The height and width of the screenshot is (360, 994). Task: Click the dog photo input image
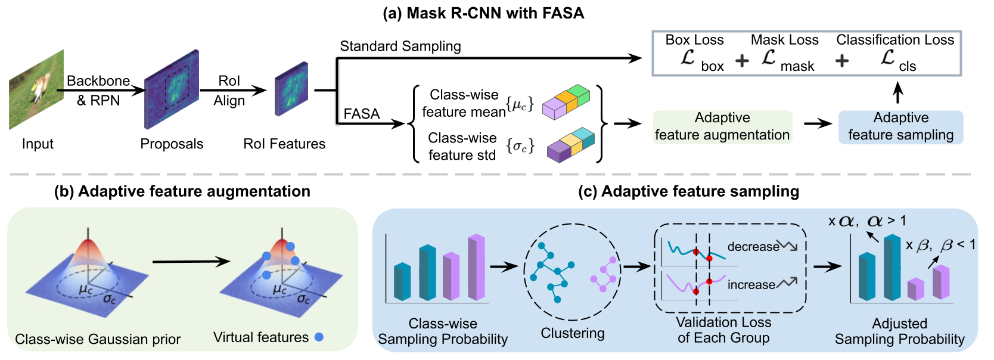coord(36,89)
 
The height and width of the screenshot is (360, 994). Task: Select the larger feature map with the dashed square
coord(172,89)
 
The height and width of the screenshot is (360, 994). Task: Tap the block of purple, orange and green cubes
coord(566,102)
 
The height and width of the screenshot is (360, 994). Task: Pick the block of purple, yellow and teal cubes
coord(570,145)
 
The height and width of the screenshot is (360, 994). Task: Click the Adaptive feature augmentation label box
coord(722,127)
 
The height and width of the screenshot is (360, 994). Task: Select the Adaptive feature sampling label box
coord(900,127)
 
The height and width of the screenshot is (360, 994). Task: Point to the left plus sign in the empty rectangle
coord(742,61)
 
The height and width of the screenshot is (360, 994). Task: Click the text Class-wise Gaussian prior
coord(98,339)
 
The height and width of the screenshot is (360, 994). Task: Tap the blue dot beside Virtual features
coord(319,337)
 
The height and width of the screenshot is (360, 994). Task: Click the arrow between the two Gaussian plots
coord(191,261)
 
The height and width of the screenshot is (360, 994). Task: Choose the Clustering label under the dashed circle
coord(572,333)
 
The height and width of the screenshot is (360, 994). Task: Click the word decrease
coord(753,247)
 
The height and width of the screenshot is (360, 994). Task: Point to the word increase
coord(751,285)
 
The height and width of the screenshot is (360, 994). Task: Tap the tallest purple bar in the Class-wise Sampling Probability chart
coord(476,268)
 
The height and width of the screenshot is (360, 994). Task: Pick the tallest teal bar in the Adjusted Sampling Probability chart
coord(892,268)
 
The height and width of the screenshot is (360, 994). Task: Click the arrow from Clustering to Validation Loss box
coord(636,266)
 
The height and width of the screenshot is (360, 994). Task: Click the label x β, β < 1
coord(940,245)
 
